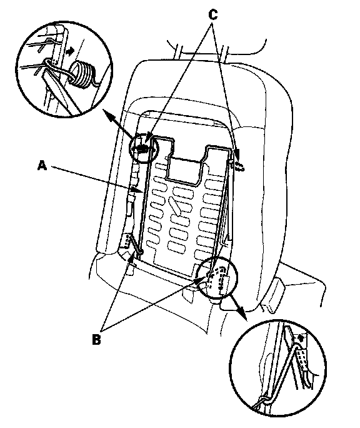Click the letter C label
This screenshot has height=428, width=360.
point(213,15)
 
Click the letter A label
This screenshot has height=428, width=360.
point(42,165)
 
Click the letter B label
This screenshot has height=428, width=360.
point(96,340)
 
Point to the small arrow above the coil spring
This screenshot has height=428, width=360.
point(71,51)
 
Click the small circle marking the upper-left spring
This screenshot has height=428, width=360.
point(143,148)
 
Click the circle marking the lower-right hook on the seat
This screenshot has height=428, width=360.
point(217,277)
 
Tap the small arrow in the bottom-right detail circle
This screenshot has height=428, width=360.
point(301,338)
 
